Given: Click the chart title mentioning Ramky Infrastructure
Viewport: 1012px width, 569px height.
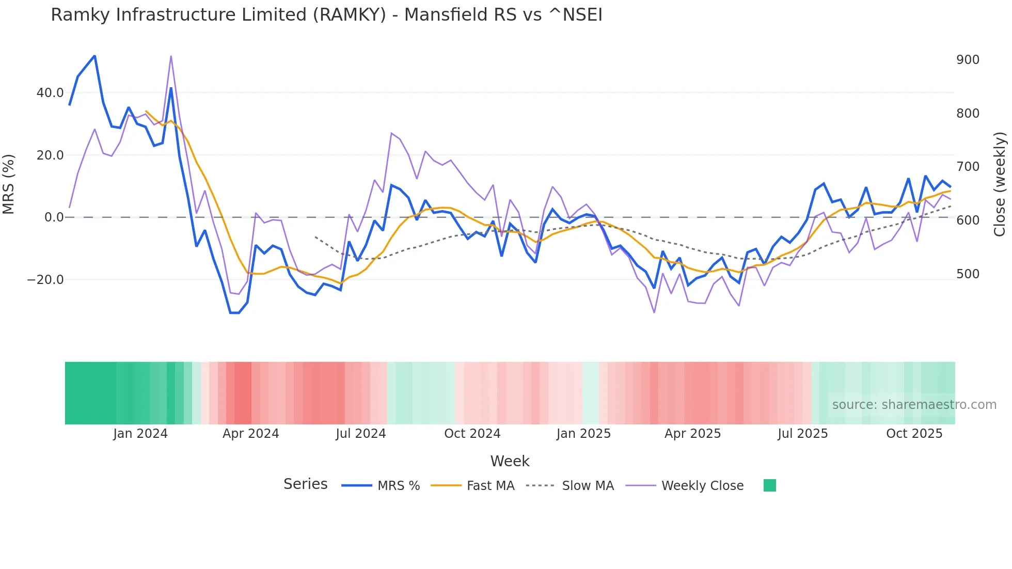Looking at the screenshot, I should (326, 15).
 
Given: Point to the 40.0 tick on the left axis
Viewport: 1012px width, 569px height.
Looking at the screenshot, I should (50, 93).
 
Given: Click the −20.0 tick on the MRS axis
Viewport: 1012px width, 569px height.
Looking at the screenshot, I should (45, 280).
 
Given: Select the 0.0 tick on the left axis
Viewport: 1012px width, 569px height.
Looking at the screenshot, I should (54, 217).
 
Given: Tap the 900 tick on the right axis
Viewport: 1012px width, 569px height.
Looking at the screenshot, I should (968, 60).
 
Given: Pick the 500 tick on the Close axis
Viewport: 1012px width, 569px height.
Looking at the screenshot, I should (968, 274).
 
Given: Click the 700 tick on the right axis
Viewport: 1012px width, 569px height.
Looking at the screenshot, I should (968, 167).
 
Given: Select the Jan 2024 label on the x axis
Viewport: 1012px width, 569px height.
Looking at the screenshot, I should (140, 434).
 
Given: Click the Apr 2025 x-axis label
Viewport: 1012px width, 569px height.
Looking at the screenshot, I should (692, 434).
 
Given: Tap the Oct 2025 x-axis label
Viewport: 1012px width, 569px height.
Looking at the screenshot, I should (914, 434).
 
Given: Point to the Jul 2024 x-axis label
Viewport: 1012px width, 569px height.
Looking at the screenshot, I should (360, 434).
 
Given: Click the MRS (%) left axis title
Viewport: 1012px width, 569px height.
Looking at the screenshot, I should (9, 184).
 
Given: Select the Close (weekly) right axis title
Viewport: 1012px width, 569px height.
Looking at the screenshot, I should (1000, 184).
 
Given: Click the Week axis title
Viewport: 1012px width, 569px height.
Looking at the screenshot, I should (510, 461).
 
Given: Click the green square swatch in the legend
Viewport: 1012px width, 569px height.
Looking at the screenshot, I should (769, 485).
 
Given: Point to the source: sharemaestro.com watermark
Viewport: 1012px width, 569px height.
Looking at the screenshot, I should (914, 405).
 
